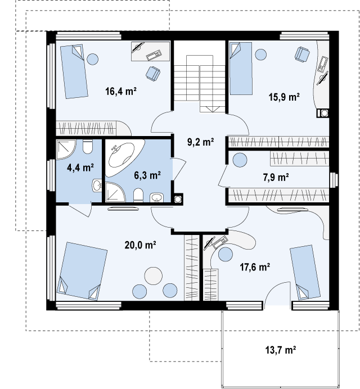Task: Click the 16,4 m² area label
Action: (x=121, y=91)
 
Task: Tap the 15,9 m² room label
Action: (x=284, y=97)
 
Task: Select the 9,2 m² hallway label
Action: (x=201, y=142)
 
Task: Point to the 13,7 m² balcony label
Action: (x=281, y=350)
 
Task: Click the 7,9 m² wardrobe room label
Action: (x=276, y=178)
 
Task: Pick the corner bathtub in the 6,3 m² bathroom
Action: (x=125, y=158)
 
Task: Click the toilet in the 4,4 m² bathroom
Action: (x=87, y=147)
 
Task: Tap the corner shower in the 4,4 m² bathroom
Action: (x=66, y=150)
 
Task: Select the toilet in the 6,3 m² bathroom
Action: (x=138, y=195)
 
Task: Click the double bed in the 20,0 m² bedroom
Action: (x=82, y=271)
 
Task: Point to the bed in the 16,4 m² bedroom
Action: (x=74, y=71)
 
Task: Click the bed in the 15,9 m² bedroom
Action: (x=241, y=69)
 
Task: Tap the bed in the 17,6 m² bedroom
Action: (x=305, y=272)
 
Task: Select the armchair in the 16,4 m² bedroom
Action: (x=152, y=74)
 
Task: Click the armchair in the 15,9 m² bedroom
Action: (x=303, y=55)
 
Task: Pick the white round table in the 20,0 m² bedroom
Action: (x=154, y=275)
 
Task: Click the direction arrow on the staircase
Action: (x=213, y=109)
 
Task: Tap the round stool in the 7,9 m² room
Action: (x=240, y=160)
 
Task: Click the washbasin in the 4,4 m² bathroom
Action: (x=97, y=186)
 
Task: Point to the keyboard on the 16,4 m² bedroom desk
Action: (x=154, y=55)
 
